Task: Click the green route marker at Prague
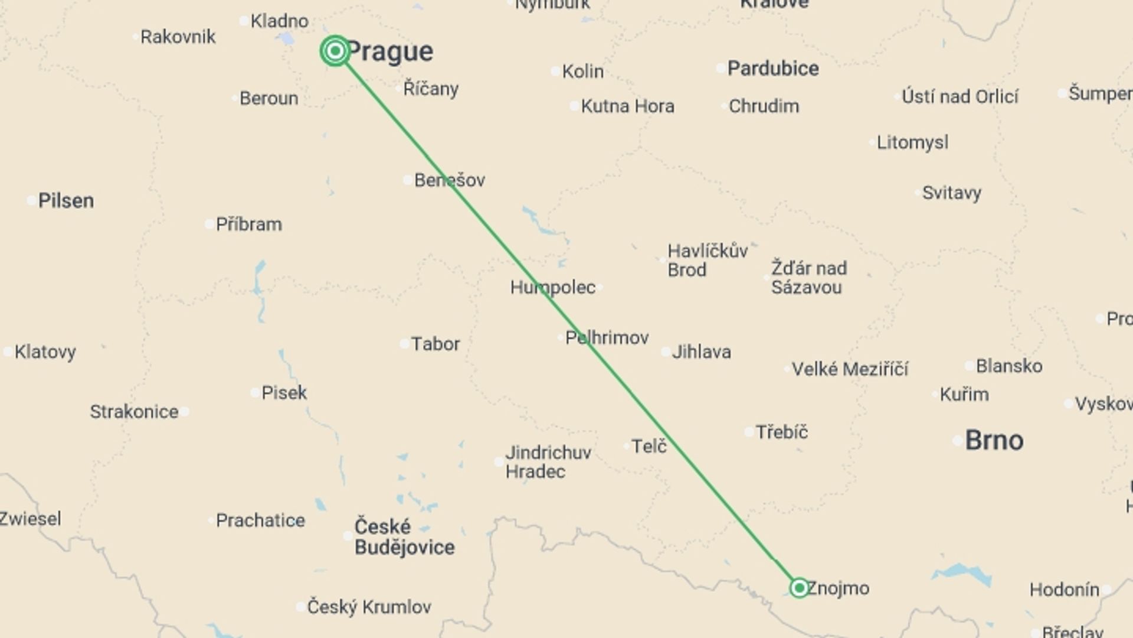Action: click(335, 51)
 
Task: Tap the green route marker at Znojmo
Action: click(799, 588)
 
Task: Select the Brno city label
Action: click(994, 441)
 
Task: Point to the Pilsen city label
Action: click(66, 201)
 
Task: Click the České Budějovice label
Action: click(404, 537)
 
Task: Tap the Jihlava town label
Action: click(701, 352)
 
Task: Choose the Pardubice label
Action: click(772, 69)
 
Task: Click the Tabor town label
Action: click(435, 344)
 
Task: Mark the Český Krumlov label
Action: click(369, 607)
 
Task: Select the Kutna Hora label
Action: click(627, 106)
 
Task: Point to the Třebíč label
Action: click(781, 432)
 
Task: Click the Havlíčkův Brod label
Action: click(707, 261)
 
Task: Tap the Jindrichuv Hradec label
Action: click(548, 462)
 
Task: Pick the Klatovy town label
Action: click(45, 352)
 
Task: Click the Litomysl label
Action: click(912, 142)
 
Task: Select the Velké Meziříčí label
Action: click(850, 369)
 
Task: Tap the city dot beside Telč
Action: click(626, 446)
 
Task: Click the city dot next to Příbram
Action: click(209, 224)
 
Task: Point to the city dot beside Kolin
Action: click(555, 71)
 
